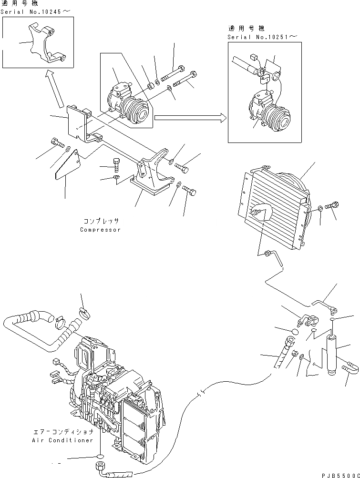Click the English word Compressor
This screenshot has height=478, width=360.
pyautogui.click(x=100, y=230)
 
